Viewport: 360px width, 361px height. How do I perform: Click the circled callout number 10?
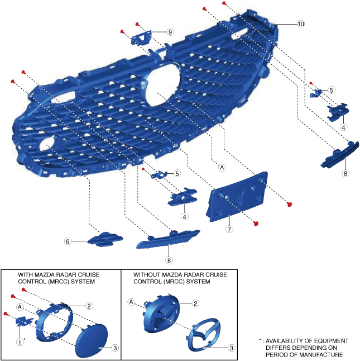301,24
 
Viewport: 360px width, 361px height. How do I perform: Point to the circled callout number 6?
68,241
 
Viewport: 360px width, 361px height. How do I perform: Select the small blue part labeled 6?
104,239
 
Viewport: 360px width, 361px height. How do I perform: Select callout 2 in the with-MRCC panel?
89,306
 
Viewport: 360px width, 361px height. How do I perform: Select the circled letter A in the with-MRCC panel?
20,307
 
